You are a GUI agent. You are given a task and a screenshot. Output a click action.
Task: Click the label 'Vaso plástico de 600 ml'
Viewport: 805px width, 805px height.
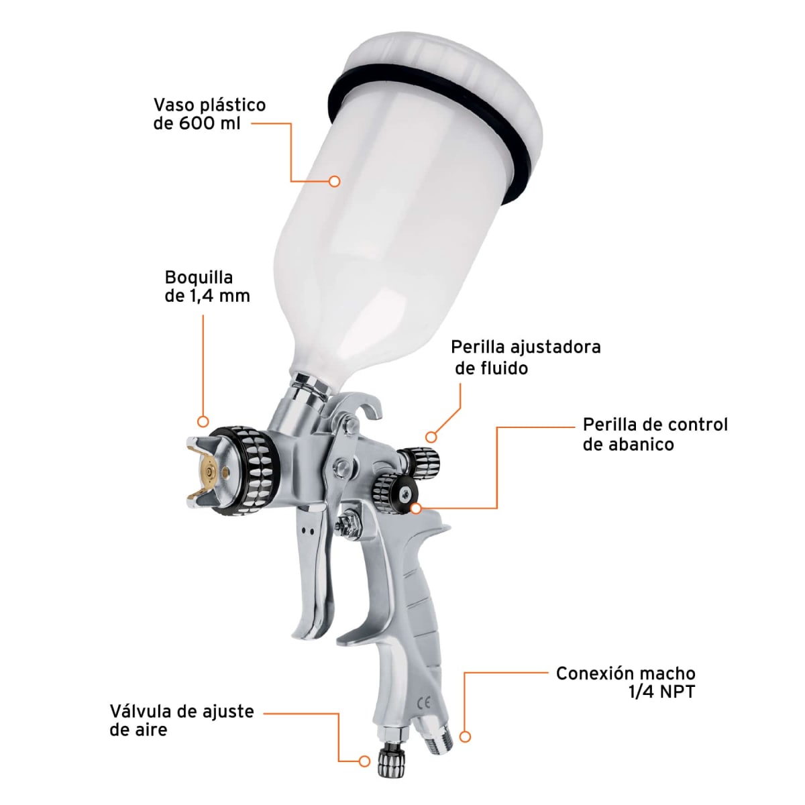[209, 114]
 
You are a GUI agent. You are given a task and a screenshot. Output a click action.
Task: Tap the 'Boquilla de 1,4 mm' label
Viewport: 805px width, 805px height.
[207, 286]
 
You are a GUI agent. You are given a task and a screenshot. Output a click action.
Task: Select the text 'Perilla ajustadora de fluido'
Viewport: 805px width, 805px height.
[525, 357]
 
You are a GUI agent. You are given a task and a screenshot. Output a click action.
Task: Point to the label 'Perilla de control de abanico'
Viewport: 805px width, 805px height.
[655, 434]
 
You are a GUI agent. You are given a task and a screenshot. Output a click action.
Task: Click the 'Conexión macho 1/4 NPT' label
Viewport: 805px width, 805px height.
[625, 682]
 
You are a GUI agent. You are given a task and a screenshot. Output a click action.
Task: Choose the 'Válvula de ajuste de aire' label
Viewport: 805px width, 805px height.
[181, 720]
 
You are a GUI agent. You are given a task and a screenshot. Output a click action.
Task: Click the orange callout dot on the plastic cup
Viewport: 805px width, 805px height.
[335, 181]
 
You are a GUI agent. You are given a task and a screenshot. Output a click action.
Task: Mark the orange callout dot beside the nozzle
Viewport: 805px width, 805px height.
[203, 421]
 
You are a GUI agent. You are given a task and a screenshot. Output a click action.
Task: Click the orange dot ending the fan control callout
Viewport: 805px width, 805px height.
[416, 508]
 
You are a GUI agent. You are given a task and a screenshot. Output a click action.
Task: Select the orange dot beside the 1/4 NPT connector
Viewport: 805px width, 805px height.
[465, 737]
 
